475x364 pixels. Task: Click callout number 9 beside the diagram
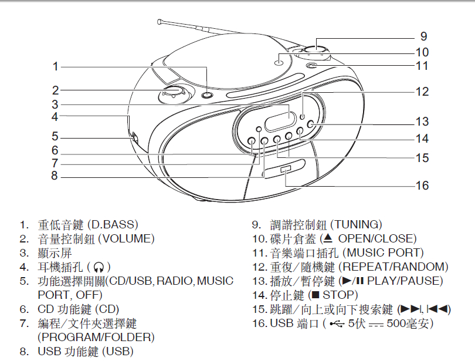tap(423, 35)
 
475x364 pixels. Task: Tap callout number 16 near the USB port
tap(422, 186)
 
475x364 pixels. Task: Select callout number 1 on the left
tap(55, 66)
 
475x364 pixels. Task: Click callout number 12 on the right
tap(422, 92)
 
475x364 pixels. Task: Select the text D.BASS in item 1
tap(113, 224)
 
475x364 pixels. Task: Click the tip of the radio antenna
tap(160, 22)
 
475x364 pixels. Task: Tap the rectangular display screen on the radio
tap(276, 120)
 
